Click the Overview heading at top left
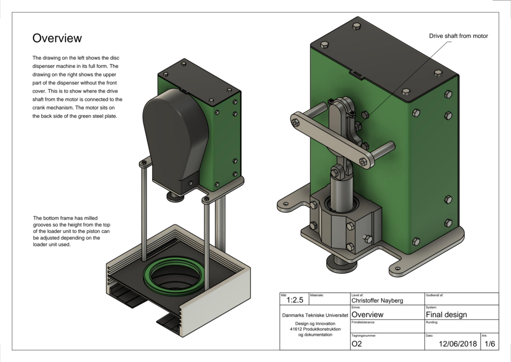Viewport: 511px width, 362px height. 57,38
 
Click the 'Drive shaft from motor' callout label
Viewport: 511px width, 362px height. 458,36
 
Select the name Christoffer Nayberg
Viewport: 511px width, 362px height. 378,300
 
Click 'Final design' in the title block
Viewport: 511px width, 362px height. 446,314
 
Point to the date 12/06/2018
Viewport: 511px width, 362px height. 458,344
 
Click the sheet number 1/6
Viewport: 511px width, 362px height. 489,344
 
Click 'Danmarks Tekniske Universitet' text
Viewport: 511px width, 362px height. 314,315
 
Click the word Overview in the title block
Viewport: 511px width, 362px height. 367,314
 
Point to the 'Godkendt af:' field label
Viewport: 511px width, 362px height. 435,295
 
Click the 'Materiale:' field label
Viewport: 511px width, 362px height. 317,295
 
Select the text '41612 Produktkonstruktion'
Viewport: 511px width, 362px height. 314,328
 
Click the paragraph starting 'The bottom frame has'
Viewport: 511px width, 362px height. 74,231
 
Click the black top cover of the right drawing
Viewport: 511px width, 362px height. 384,55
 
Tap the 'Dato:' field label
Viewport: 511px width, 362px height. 430,336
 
